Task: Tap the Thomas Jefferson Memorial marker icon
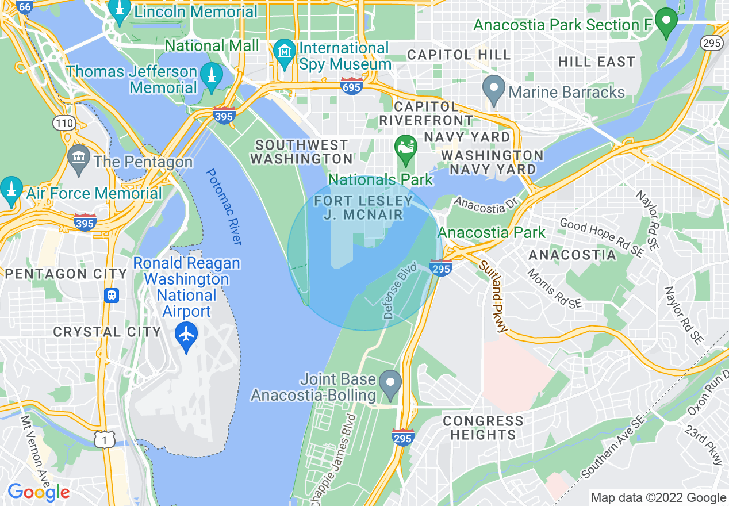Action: [x=212, y=79]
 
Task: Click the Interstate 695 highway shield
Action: [x=351, y=87]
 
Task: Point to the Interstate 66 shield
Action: [x=25, y=7]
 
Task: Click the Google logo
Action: [x=39, y=492]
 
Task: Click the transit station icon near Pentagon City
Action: [x=111, y=295]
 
